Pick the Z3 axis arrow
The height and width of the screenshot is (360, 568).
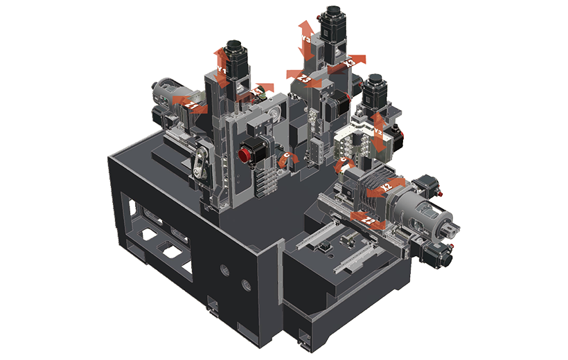click(x=305, y=79)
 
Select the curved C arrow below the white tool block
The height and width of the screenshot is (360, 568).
click(x=344, y=165)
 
